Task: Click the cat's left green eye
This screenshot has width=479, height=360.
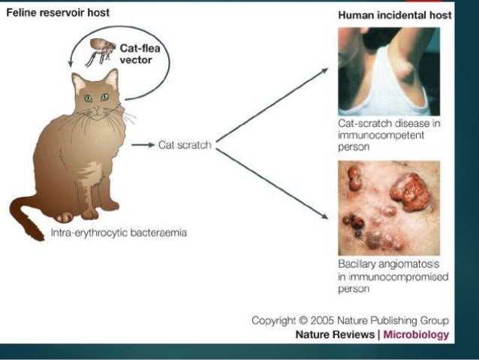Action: point(89,98)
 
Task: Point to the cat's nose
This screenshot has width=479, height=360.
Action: point(97,110)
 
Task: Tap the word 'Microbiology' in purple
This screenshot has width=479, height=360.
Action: point(417,334)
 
